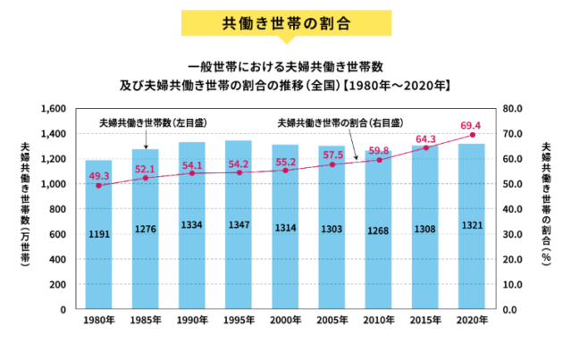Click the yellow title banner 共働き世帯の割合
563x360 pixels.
click(x=281, y=21)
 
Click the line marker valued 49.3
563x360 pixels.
click(x=98, y=185)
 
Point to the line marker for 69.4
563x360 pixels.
click(x=472, y=135)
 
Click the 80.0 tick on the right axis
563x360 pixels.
click(x=512, y=109)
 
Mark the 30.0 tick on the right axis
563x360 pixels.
click(x=512, y=234)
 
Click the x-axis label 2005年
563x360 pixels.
click(x=332, y=321)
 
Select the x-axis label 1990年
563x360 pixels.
click(x=191, y=321)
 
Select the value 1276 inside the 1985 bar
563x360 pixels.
click(x=145, y=230)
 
